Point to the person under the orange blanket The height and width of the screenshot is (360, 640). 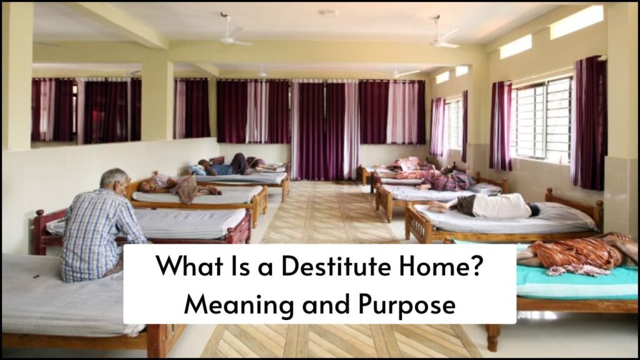click(576, 253)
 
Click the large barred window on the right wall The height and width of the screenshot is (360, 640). click(542, 119)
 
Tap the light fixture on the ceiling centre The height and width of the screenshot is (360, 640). click(327, 14)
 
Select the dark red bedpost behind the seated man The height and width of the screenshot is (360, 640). click(39, 231)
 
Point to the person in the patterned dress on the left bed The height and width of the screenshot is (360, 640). click(179, 187)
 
